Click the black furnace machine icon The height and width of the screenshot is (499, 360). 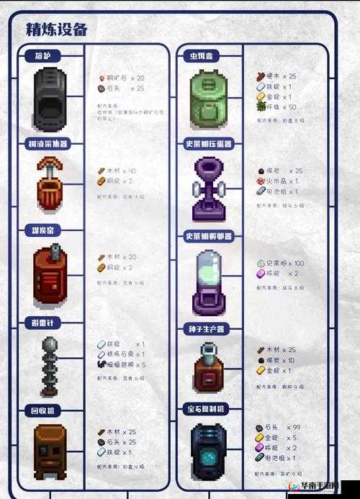(x=50, y=99)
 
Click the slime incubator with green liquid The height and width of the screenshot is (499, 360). (x=210, y=281)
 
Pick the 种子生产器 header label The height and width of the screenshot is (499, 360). (x=210, y=328)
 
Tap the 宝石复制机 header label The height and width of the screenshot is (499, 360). (x=210, y=408)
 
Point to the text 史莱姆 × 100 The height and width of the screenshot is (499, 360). (x=285, y=263)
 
